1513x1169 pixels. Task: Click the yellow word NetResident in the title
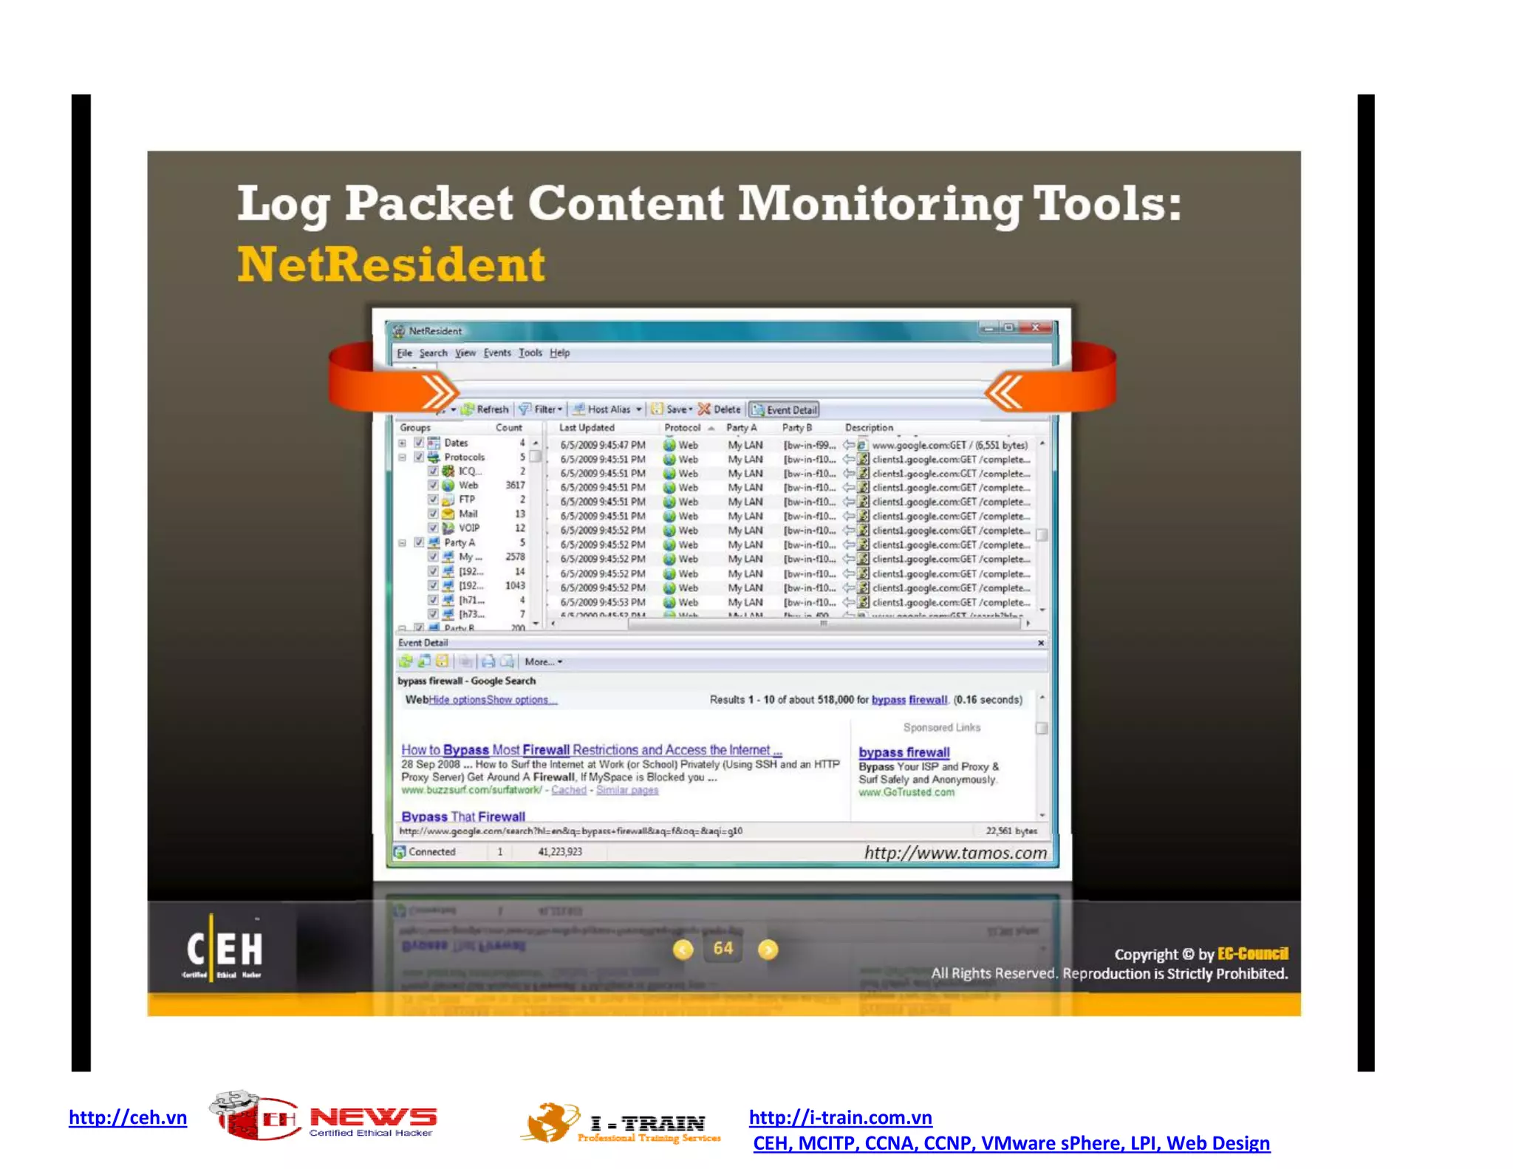click(x=391, y=265)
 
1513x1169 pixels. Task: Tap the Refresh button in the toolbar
click(x=485, y=409)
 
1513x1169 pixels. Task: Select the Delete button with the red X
click(x=720, y=409)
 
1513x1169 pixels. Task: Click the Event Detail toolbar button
click(x=785, y=410)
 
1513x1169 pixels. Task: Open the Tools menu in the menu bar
click(x=530, y=353)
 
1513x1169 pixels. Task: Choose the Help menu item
click(x=559, y=353)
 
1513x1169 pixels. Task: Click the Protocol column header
click(x=682, y=428)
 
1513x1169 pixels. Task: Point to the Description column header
click(x=869, y=428)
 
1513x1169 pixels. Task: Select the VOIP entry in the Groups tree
click(x=468, y=528)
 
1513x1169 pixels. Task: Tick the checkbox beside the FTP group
click(x=433, y=500)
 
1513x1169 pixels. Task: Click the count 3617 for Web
click(x=515, y=485)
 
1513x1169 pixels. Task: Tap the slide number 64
click(x=723, y=949)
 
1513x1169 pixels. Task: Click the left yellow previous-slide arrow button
click(x=683, y=950)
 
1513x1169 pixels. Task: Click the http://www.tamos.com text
click(x=955, y=853)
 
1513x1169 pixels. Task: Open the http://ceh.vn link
click(x=128, y=1117)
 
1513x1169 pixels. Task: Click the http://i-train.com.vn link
click(x=840, y=1117)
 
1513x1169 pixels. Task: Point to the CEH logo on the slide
click(x=224, y=950)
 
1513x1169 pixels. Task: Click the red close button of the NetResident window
click(x=1035, y=327)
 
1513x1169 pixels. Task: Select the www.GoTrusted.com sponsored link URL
click(x=906, y=792)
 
